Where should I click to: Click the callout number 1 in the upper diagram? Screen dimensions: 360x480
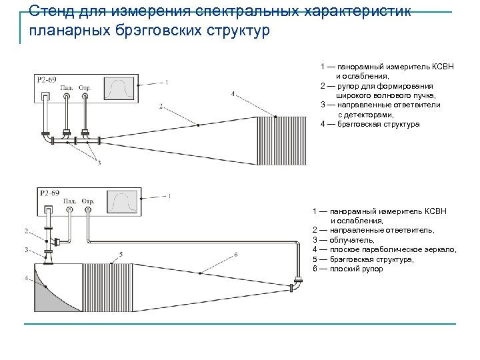(x=166, y=82)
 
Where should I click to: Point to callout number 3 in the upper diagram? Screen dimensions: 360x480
(x=99, y=162)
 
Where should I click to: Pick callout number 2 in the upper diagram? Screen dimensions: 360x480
(x=161, y=106)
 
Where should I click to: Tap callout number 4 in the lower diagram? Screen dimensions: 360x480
(x=26, y=277)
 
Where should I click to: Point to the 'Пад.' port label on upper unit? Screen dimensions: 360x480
(x=67, y=87)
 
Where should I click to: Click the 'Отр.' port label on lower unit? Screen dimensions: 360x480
(x=88, y=201)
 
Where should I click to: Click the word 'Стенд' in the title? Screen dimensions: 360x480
(x=53, y=11)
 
